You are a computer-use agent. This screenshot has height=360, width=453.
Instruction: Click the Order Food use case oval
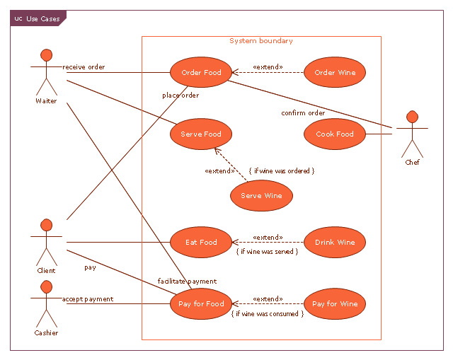pyautogui.click(x=201, y=73)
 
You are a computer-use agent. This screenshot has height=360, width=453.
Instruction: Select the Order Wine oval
pyautogui.click(x=335, y=73)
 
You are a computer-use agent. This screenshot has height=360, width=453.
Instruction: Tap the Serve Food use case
pyautogui.click(x=201, y=134)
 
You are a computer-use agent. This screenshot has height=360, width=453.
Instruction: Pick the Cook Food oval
pyautogui.click(x=335, y=134)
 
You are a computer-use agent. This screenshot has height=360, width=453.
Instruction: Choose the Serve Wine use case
pyautogui.click(x=261, y=196)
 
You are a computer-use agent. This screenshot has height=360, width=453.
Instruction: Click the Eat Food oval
pyautogui.click(x=201, y=243)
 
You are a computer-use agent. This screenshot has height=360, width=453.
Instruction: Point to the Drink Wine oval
pyautogui.click(x=335, y=243)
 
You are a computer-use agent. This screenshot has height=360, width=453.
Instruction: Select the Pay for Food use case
pyautogui.click(x=201, y=304)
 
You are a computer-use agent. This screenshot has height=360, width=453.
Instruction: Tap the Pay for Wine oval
pyautogui.click(x=335, y=304)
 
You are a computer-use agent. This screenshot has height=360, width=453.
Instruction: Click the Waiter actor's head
pyautogui.click(x=46, y=54)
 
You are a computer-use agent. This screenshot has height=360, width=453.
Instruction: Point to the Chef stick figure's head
pyautogui.click(x=411, y=116)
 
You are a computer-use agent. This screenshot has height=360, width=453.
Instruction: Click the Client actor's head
pyautogui.click(x=46, y=225)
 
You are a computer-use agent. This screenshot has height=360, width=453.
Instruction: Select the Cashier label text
pyautogui.click(x=46, y=332)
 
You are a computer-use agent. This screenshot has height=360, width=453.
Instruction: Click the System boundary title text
pyautogui.click(x=261, y=41)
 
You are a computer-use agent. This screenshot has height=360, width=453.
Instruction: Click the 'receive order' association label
pyautogui.click(x=84, y=67)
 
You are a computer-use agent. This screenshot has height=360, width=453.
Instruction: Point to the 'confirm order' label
pyautogui.click(x=303, y=113)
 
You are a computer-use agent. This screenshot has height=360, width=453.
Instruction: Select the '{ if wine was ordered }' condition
pyautogui.click(x=282, y=170)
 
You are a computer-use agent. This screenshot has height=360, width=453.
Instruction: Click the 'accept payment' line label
pyautogui.click(x=88, y=299)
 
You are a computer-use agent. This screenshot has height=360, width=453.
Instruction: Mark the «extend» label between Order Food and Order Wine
pyautogui.click(x=268, y=67)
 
